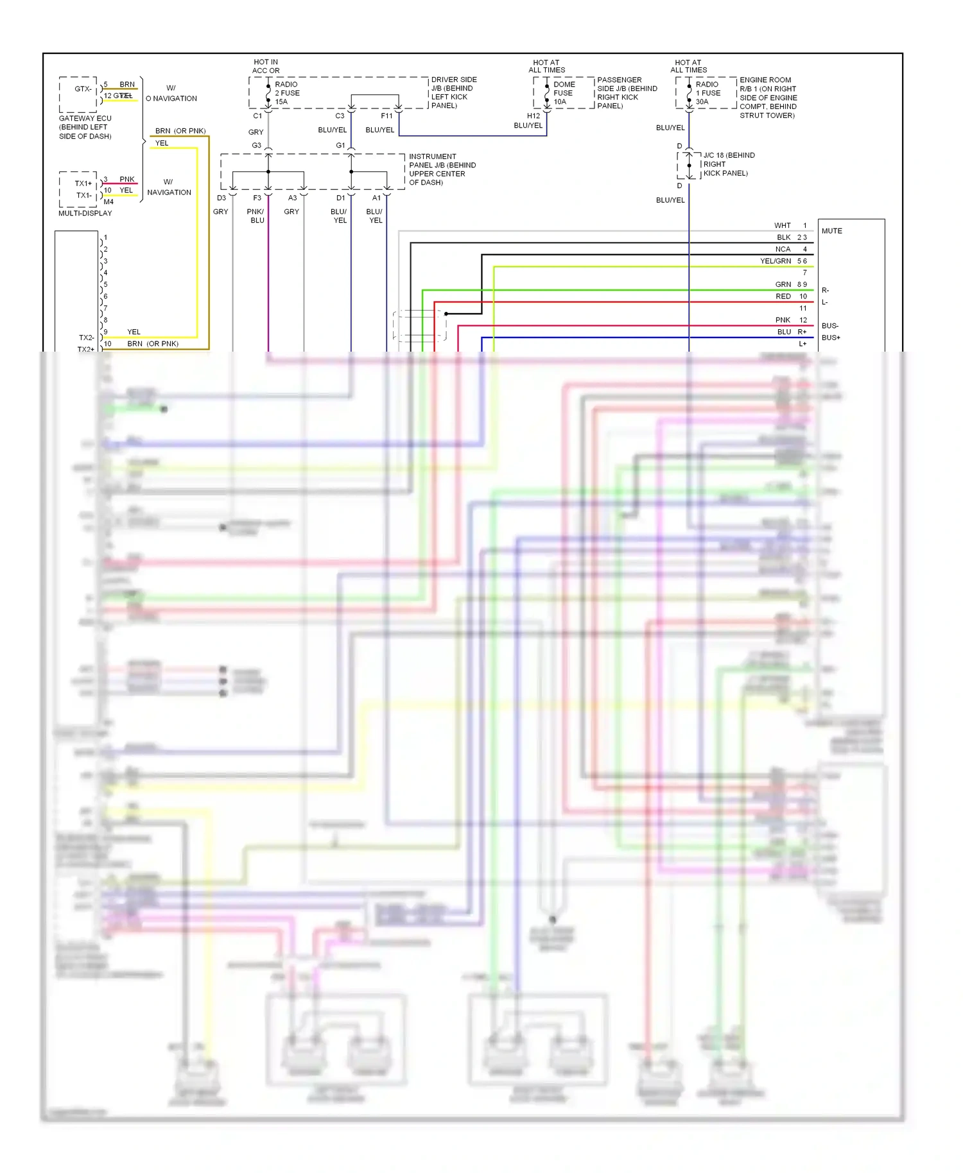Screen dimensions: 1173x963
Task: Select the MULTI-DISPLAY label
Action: click(x=85, y=213)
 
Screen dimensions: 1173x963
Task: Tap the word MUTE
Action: click(x=831, y=231)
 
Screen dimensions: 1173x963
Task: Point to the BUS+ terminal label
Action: click(x=831, y=338)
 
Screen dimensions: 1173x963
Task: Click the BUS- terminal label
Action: click(x=829, y=326)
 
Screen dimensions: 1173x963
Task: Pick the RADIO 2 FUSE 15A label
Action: click(x=287, y=93)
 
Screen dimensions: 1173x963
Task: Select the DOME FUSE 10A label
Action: click(x=564, y=93)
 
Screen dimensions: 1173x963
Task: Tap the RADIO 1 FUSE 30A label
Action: click(x=707, y=93)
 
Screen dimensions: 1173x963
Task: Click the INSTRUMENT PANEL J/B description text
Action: click(x=442, y=169)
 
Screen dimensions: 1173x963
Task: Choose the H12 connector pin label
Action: click(x=534, y=116)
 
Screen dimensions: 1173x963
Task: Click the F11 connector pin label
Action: click(x=386, y=116)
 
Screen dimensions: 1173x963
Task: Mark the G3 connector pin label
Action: click(x=256, y=146)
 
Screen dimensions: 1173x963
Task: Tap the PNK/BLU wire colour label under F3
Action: click(x=256, y=216)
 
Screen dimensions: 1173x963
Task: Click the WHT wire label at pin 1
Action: click(x=782, y=226)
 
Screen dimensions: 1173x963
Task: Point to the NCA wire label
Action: click(x=783, y=250)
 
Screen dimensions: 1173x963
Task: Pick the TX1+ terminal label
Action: click(x=83, y=184)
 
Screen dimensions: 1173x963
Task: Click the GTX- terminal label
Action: click(x=83, y=89)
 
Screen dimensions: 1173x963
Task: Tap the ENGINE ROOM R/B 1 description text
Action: click(x=767, y=98)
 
